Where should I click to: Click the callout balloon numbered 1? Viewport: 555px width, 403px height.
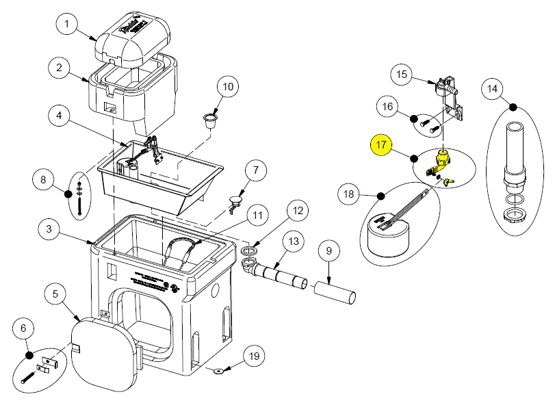coord(67,25)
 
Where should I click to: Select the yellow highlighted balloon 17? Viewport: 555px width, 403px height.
coord(381,145)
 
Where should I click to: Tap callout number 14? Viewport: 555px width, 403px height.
coord(492,88)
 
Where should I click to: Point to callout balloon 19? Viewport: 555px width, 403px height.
coord(254,356)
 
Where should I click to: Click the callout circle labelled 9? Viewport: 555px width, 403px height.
coord(329,252)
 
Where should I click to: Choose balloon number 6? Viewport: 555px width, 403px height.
coord(24,329)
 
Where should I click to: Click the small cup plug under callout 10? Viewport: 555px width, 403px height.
coord(209,121)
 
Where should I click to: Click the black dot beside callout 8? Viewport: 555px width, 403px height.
coord(68,194)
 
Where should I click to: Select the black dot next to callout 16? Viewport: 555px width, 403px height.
coord(414,118)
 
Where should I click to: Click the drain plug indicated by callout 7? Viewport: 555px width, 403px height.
coord(236,202)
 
